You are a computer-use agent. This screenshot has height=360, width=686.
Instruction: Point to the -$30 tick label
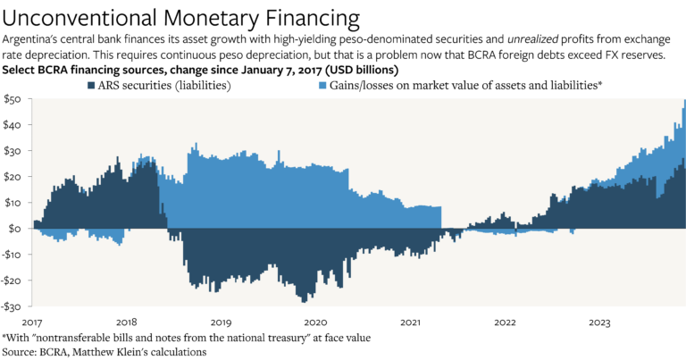[x=13, y=306]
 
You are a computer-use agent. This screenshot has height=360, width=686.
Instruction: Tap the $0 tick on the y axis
[x=16, y=229]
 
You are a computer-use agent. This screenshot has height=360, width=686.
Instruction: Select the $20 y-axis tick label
[x=13, y=177]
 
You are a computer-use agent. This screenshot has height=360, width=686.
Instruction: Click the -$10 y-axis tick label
[x=13, y=255]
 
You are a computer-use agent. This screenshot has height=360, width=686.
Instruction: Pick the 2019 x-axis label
[x=220, y=321]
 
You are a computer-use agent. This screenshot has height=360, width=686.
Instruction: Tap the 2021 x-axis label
[x=410, y=321]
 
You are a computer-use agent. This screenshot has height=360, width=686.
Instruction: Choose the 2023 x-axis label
[x=598, y=321]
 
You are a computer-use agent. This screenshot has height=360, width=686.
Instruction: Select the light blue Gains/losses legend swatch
[x=324, y=85]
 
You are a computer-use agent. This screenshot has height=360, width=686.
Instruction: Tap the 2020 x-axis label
[x=315, y=321]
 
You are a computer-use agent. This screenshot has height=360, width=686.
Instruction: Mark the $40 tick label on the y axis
[x=13, y=125]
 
